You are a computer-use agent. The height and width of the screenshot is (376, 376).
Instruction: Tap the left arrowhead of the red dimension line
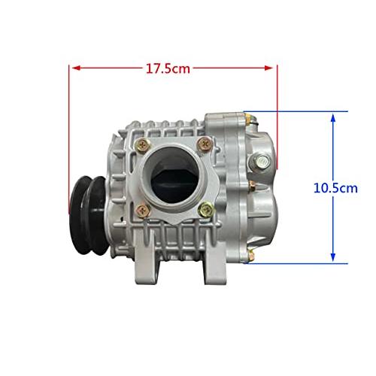point(75,68)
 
